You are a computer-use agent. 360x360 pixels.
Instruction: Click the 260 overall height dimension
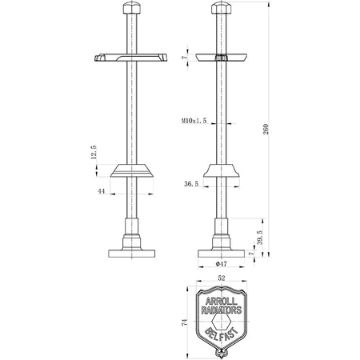point(266,129)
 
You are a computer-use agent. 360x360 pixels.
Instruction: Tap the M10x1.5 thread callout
point(194,121)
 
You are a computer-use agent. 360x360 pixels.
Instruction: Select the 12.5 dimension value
point(94,152)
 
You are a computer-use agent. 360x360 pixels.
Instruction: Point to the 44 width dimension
point(101,191)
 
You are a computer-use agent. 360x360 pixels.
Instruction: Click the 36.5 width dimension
point(191,184)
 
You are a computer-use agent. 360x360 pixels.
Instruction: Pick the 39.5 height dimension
point(260,238)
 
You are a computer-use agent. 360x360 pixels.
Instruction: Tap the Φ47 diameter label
point(222,264)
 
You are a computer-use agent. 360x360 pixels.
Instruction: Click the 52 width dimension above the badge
point(222,278)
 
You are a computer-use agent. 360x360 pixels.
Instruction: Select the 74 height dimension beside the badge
point(184,322)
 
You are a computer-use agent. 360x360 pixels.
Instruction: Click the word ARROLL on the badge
point(221,302)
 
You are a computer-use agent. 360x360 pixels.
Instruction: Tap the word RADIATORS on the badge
point(221,310)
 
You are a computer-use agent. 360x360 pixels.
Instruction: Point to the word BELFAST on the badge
point(221,334)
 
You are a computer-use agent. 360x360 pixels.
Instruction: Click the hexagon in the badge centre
point(221,321)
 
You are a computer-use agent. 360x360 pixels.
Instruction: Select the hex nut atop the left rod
point(132,8)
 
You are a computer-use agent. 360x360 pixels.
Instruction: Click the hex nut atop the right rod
point(222,8)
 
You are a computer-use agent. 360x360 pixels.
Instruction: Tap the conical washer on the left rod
point(132,170)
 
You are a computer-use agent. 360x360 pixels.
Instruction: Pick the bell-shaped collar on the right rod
point(222,170)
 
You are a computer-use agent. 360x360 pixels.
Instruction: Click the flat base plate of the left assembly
point(132,254)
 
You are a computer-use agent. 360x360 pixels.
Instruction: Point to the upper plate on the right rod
point(222,58)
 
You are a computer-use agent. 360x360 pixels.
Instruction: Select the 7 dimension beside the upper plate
point(184,57)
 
